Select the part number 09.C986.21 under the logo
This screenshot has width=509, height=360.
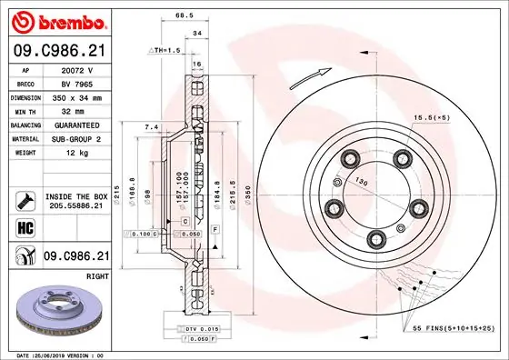tap(59, 52)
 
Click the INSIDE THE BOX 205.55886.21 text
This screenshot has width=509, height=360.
tap(76, 202)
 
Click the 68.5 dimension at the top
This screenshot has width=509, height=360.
tap(184, 15)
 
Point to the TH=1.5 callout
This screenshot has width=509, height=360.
tap(165, 50)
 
